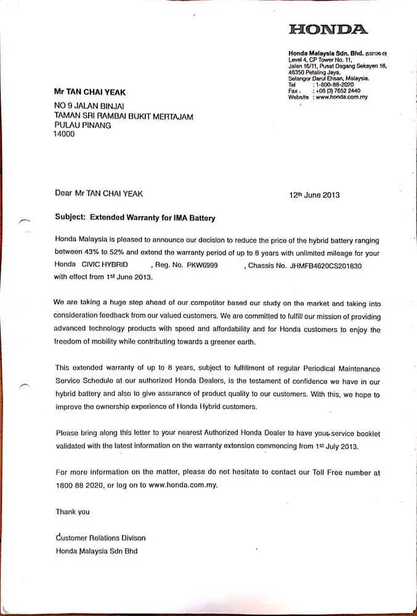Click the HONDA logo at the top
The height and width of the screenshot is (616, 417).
click(x=328, y=29)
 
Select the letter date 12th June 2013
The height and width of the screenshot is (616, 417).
click(x=314, y=195)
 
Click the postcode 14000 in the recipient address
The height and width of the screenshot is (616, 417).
click(x=64, y=134)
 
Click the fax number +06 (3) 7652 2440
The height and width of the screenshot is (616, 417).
click(x=339, y=91)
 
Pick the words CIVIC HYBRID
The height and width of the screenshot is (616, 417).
click(x=105, y=265)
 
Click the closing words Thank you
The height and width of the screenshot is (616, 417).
click(x=72, y=511)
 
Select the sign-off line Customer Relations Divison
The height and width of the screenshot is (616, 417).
click(x=100, y=538)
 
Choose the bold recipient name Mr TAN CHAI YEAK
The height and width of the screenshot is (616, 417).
click(x=89, y=92)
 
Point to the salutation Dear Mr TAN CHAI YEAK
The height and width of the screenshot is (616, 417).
click(x=99, y=193)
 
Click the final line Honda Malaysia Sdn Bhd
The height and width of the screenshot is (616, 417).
click(x=96, y=551)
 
